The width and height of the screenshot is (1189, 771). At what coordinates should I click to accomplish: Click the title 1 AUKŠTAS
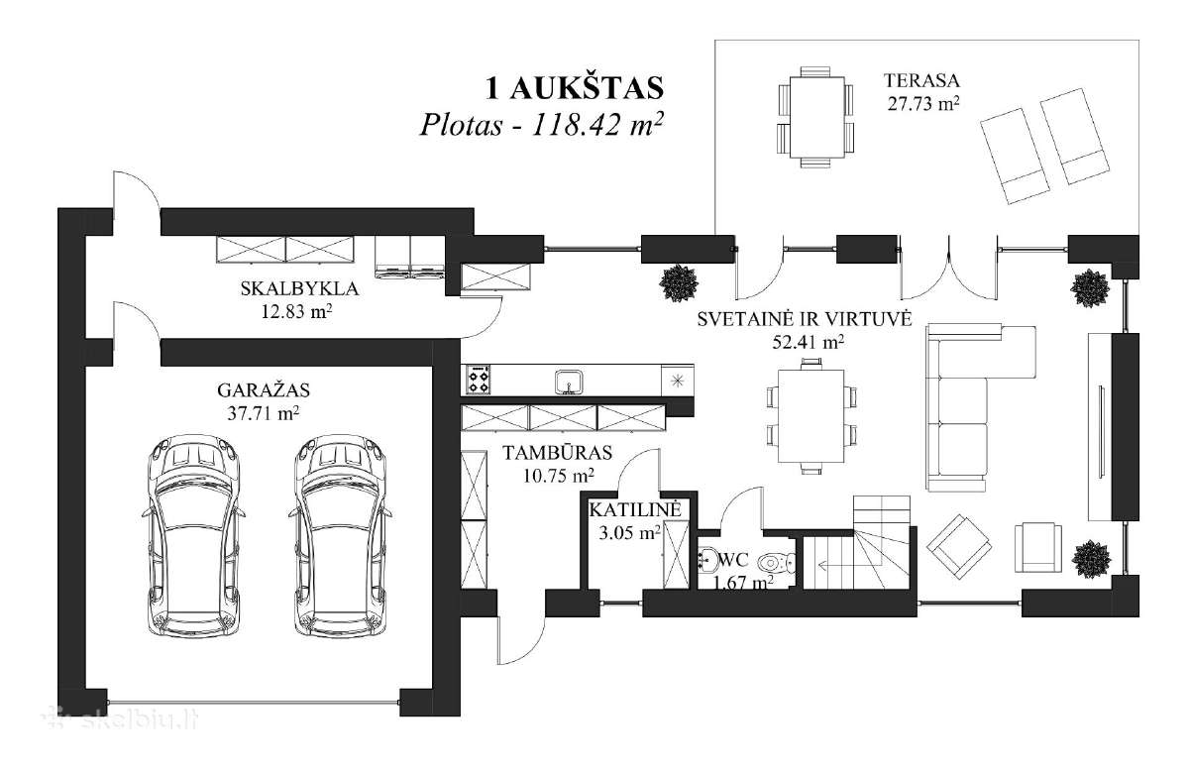pyautogui.click(x=575, y=88)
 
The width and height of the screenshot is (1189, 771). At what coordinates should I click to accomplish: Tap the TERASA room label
pyautogui.click(x=922, y=80)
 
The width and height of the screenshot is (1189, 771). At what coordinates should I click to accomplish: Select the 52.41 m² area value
pyautogui.click(x=808, y=342)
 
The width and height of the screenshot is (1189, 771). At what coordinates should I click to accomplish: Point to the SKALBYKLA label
pyautogui.click(x=299, y=288)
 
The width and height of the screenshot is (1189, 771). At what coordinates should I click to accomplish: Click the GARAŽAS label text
pyautogui.click(x=264, y=390)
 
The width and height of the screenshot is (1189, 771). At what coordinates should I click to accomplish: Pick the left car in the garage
pyautogui.click(x=194, y=536)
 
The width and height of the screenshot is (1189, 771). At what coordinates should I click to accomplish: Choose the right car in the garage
pyautogui.click(x=340, y=536)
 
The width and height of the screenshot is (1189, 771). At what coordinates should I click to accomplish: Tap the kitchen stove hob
pyautogui.click(x=478, y=380)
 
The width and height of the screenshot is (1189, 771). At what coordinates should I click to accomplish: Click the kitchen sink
pyautogui.click(x=569, y=383)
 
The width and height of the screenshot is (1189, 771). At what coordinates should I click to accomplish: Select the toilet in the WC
pyautogui.click(x=777, y=562)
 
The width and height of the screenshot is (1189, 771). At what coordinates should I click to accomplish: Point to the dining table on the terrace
pyautogui.click(x=816, y=117)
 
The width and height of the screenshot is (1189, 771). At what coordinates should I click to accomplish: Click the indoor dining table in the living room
pyautogui.click(x=811, y=416)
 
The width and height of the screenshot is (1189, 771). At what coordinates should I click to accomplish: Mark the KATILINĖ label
pyautogui.click(x=635, y=509)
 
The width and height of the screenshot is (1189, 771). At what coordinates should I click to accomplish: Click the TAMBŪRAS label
pyautogui.click(x=557, y=453)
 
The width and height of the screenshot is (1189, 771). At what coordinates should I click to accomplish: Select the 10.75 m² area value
pyautogui.click(x=559, y=476)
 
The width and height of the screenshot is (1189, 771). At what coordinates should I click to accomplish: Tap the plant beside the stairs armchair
pyautogui.click(x=1091, y=559)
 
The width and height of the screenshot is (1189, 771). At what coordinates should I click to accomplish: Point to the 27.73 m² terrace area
pyautogui.click(x=923, y=103)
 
